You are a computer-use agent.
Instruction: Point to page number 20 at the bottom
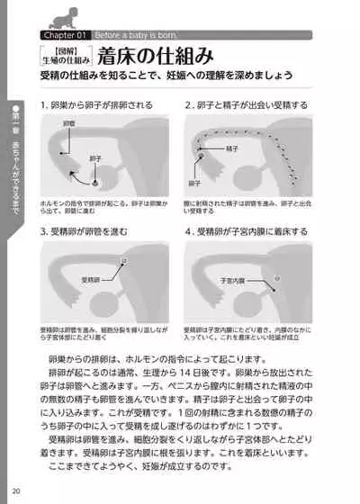(17, 490)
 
